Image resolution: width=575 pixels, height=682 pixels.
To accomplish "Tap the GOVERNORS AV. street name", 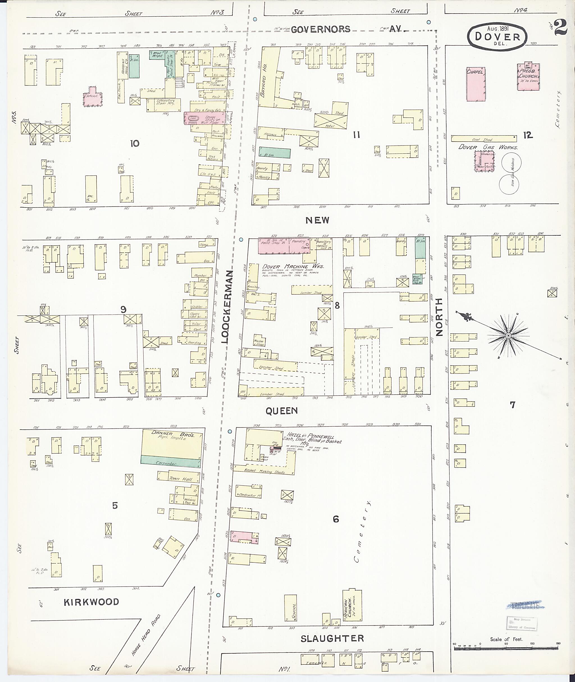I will click(x=347, y=29).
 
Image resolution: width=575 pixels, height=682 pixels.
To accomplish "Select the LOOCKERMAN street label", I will click(x=227, y=307).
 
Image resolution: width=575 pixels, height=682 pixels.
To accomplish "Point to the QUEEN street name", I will click(x=282, y=411).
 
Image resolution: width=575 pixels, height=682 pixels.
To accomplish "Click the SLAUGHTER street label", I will click(x=332, y=638).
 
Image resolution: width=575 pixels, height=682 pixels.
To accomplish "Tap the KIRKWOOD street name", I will click(x=91, y=602).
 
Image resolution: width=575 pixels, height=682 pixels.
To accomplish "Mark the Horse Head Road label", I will click(x=146, y=634).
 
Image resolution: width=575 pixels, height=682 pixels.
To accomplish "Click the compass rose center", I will click(x=508, y=336).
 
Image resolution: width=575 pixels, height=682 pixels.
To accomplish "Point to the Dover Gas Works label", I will click(x=488, y=147).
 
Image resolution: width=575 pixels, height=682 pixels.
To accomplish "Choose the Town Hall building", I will click(x=178, y=478).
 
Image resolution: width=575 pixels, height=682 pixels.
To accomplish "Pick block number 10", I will click(x=134, y=143).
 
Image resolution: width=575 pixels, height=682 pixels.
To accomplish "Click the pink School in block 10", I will click(x=93, y=97).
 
